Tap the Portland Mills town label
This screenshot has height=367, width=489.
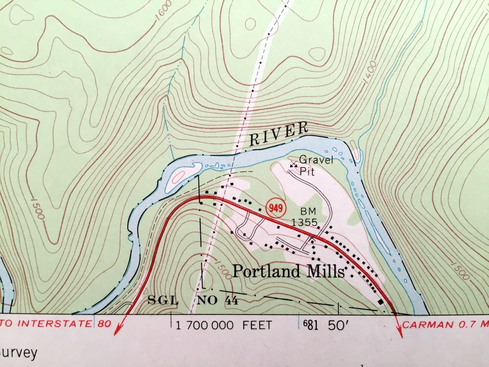coord(289,271)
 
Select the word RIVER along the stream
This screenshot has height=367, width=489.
coord(279,133)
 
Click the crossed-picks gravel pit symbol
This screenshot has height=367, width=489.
coord(293,164)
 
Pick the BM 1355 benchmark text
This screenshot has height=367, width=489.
coord(304,217)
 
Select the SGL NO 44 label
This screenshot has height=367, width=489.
coord(193,300)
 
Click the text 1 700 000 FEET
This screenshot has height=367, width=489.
coord(223,325)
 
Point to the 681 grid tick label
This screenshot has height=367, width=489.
coord(311,325)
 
